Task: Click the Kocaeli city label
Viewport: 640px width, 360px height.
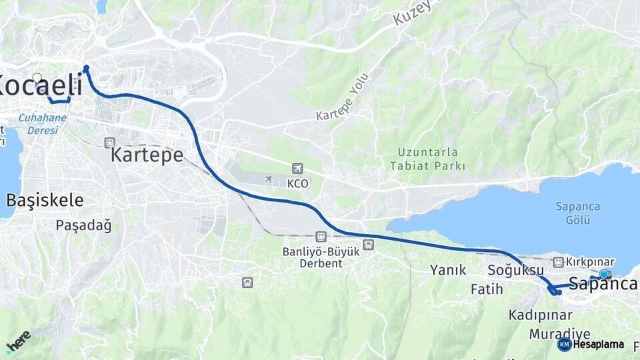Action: [x=40, y=85]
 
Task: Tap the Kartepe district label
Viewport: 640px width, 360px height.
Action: [x=147, y=155]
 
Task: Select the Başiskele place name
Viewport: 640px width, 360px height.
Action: [x=45, y=200]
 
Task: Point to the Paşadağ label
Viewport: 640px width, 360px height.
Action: [x=83, y=225]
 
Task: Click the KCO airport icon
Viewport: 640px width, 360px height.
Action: [x=297, y=169]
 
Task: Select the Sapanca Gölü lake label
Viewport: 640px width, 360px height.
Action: [x=579, y=213]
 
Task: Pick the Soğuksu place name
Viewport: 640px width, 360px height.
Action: [x=516, y=270]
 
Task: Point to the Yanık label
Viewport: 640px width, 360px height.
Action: [x=447, y=270]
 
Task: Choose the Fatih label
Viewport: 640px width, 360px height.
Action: [x=487, y=289]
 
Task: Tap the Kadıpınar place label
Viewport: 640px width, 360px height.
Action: [x=541, y=315]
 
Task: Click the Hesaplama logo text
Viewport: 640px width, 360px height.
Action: [x=598, y=345]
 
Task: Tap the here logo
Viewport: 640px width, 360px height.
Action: [x=18, y=341]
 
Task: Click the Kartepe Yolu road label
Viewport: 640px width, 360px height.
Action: [x=342, y=97]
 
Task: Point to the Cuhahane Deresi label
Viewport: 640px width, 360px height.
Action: [x=42, y=123]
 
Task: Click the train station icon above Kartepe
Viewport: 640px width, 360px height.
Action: [x=109, y=142]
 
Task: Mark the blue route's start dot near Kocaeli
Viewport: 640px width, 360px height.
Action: [x=86, y=67]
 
